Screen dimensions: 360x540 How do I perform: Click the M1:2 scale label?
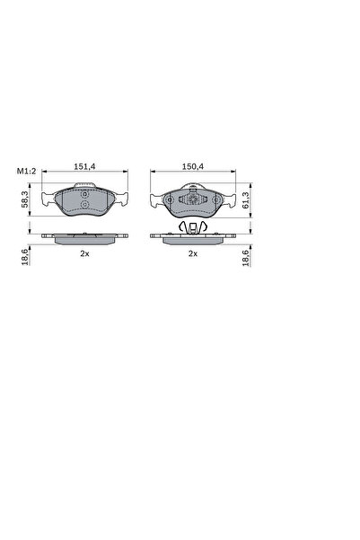coord(27,171)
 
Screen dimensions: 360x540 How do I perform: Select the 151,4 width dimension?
coord(84,166)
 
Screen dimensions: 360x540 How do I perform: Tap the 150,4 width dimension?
coord(193,166)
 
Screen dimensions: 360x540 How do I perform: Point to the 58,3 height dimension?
coord(25,200)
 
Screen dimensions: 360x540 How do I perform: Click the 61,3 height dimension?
coord(246,200)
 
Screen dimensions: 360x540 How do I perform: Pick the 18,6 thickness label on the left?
coord(25,258)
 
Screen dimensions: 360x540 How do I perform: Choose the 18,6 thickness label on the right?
coord(246,258)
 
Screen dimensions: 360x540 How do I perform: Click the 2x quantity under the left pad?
coord(84,253)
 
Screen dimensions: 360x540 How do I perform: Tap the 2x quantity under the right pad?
coord(193,253)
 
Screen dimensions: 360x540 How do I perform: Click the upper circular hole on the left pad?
coord(84,195)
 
